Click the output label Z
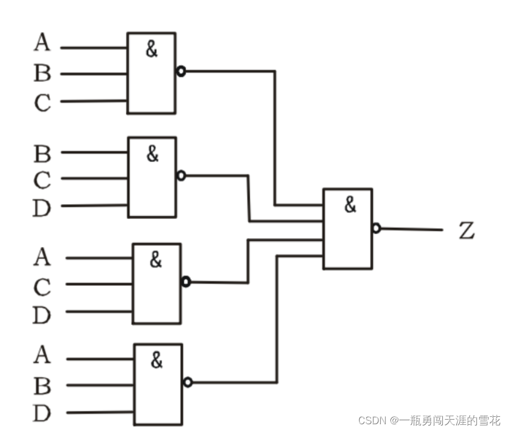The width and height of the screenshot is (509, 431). tap(466, 230)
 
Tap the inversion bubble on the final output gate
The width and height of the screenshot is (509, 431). tap(376, 228)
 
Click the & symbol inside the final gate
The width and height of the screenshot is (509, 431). tap(350, 205)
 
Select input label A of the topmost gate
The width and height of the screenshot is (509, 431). tap(41, 43)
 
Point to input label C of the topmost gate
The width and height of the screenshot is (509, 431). tap(41, 103)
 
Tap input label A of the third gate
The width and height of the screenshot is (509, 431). tap(41, 257)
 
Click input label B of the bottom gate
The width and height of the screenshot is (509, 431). tap(42, 386)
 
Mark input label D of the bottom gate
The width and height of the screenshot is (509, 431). tap(41, 414)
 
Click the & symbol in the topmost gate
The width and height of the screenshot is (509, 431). tap(151, 49)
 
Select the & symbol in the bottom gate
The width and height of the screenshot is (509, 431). tap(156, 359)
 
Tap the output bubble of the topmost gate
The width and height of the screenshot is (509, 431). tap(181, 72)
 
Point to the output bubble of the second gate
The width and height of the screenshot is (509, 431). tap(181, 175)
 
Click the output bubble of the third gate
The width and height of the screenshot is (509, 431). tap(186, 282)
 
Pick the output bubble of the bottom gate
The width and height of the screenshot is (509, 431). tap(188, 382)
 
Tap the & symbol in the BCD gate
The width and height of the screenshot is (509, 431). tap(153, 153)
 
